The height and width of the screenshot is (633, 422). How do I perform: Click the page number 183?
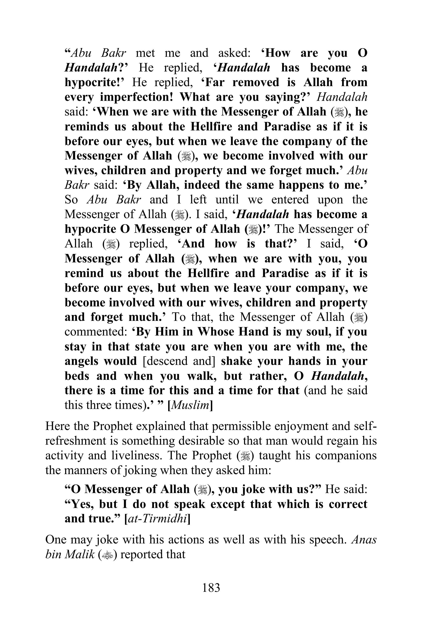click(211, 587)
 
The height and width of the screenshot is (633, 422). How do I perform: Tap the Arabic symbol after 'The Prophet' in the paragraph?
click(246, 456)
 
